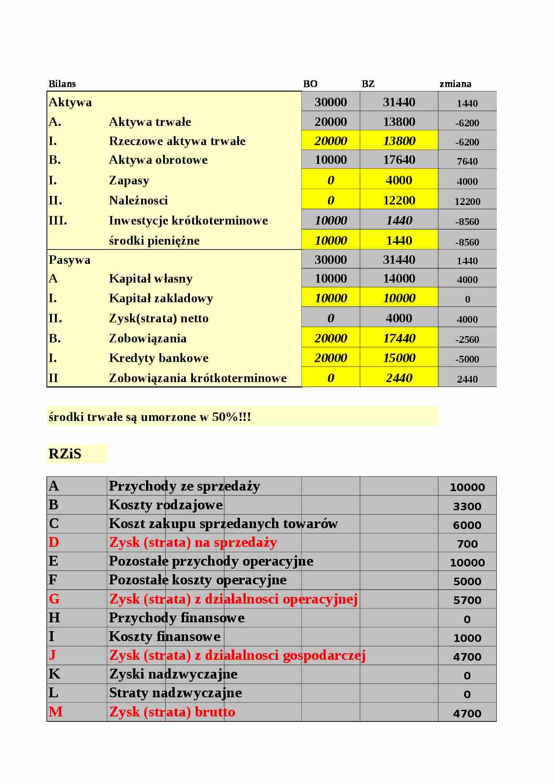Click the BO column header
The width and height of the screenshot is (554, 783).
(x=310, y=84)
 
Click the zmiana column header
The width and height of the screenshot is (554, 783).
(x=455, y=84)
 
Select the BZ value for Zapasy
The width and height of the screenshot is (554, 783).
(x=399, y=180)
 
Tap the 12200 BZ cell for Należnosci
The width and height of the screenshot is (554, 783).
(x=399, y=200)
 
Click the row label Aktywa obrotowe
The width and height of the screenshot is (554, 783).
(x=158, y=160)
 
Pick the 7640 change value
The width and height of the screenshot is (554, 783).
(x=467, y=162)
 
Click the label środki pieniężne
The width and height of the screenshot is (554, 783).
(x=154, y=241)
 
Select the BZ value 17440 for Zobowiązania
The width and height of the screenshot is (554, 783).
(x=399, y=338)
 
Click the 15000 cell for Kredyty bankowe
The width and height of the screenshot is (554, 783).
(x=399, y=358)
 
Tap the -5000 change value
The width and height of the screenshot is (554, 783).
(x=467, y=359)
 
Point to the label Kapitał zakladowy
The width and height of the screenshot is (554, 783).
(x=161, y=298)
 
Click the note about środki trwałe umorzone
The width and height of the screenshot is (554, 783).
(x=150, y=417)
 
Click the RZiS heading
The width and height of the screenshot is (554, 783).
(x=65, y=454)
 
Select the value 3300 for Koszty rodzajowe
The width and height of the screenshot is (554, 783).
(x=467, y=507)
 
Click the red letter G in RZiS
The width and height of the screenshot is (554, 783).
(x=54, y=599)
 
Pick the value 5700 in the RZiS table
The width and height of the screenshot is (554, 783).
(x=467, y=600)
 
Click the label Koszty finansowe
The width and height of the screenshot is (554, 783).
(x=164, y=637)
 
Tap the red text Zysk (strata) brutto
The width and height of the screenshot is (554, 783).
(x=172, y=712)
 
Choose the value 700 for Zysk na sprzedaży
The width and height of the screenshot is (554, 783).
(x=467, y=544)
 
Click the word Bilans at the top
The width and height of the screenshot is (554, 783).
(x=62, y=84)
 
